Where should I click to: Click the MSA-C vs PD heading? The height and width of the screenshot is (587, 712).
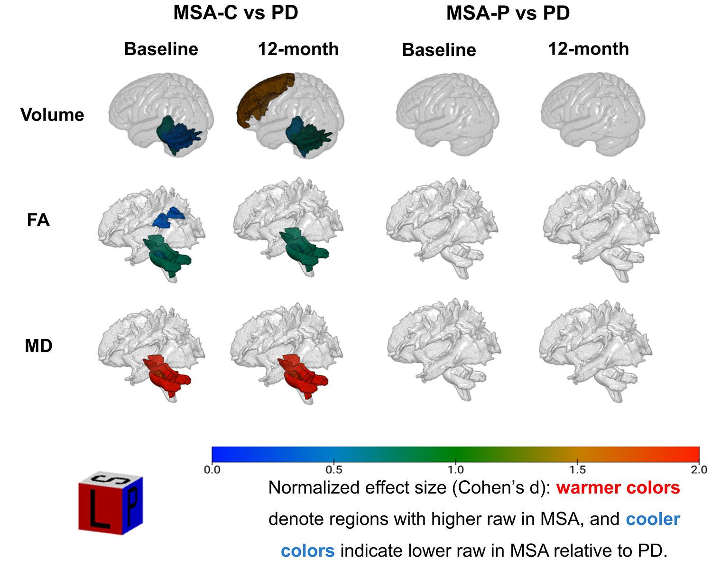(236, 13)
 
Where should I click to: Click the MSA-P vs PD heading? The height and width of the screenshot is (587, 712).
(508, 13)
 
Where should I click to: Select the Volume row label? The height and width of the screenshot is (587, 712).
(52, 115)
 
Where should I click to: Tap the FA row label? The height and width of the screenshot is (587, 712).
(38, 220)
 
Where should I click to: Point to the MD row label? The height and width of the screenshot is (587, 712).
(38, 346)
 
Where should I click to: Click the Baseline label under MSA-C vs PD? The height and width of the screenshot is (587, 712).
(161, 49)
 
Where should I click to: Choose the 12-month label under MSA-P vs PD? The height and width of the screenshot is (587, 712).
(588, 49)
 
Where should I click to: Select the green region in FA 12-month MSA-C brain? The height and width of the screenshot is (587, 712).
(304, 247)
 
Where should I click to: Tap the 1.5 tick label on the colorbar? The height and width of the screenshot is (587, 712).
(577, 470)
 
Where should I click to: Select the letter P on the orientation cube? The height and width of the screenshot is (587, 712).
(133, 504)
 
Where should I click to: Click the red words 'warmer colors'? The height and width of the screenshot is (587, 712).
(618, 487)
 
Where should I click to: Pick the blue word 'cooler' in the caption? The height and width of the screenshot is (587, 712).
(653, 519)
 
